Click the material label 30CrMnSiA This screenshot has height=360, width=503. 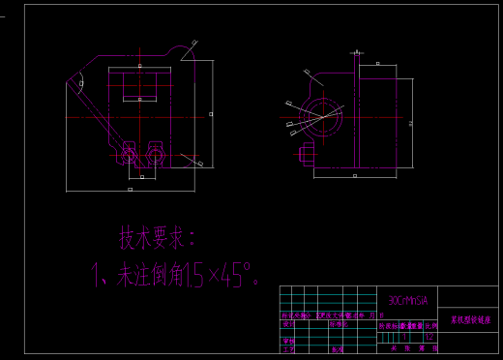406,300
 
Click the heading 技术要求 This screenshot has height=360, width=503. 158,237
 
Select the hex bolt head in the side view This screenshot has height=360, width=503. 307,153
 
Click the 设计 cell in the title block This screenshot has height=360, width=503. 287,325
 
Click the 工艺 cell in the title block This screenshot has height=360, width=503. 287,349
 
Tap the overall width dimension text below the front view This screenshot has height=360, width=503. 130,190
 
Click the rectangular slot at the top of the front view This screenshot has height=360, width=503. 141,84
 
